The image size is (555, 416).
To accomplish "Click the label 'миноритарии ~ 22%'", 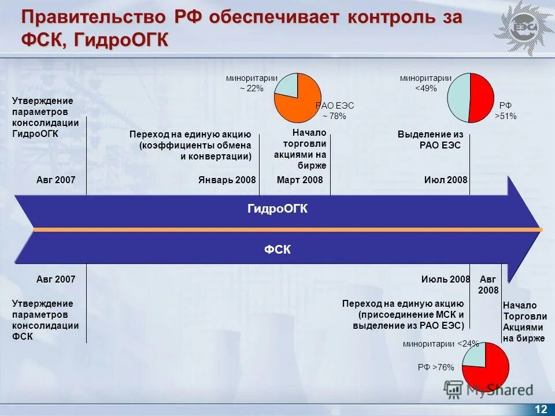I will [251, 83].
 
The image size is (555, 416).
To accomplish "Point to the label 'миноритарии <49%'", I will [425, 83].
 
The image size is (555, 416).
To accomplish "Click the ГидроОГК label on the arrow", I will [277, 210].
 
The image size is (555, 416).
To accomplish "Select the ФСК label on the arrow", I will [277, 250].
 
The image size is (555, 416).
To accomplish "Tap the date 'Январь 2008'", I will [227, 180].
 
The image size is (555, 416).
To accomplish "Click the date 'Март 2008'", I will [299, 180].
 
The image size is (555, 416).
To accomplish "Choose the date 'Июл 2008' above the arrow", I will [445, 180].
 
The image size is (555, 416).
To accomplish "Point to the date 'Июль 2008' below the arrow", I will [445, 279].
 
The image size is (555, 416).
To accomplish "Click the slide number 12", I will [541, 409].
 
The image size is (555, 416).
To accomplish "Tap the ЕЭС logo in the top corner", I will [523, 28].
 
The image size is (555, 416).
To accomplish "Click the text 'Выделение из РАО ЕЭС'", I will [430, 140].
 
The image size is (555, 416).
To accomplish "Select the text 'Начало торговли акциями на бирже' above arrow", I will [300, 149].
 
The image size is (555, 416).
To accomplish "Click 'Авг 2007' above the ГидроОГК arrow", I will [56, 180].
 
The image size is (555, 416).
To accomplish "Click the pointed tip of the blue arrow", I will [542, 229].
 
